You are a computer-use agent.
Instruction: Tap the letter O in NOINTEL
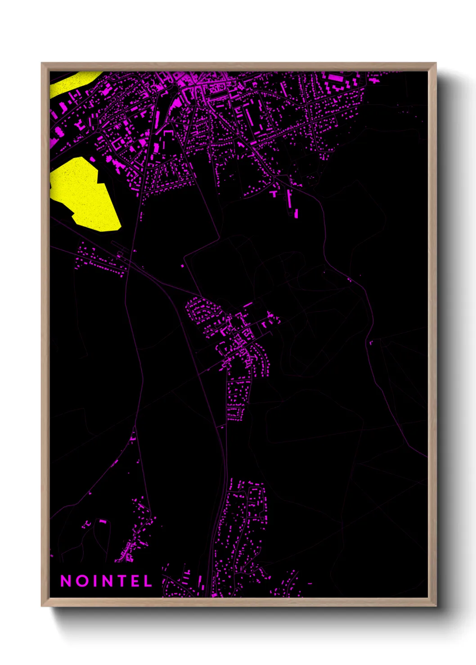[x=82, y=581]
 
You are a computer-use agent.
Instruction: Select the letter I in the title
[x=95, y=581]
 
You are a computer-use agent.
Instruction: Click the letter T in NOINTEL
[x=122, y=581]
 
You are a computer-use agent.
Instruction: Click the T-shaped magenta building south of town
[x=274, y=194]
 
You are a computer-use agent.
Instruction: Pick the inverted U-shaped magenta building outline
[x=168, y=133]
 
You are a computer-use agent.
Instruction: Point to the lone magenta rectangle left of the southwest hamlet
[x=102, y=521]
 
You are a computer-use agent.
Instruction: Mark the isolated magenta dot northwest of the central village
[x=182, y=266]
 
